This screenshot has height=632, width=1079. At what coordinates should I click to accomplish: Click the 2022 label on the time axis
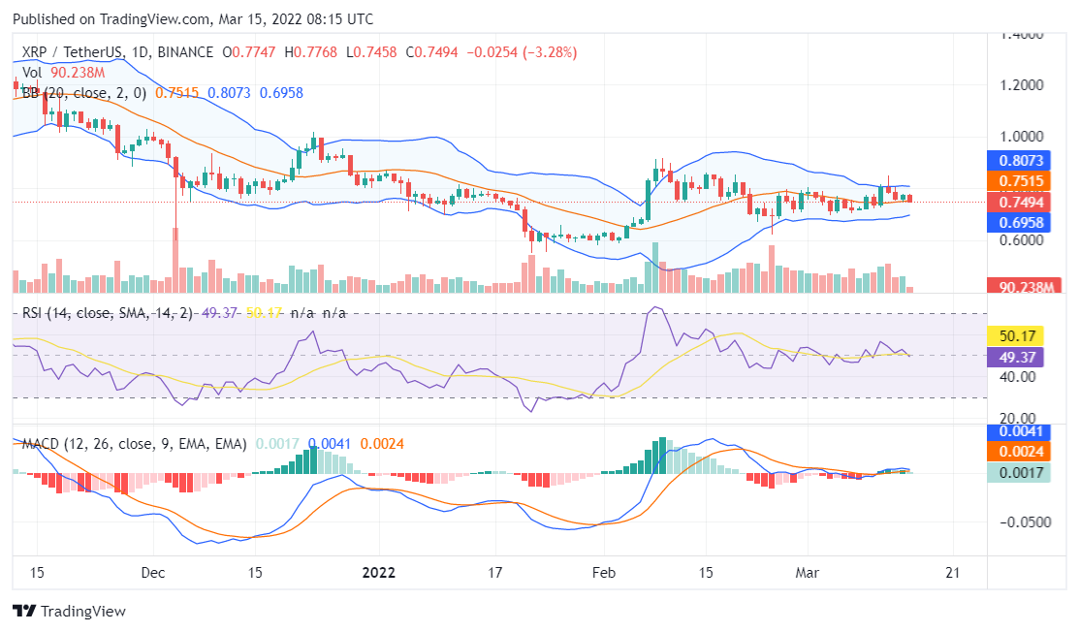coord(378,572)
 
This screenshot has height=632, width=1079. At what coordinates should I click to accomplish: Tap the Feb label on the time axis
coord(604,572)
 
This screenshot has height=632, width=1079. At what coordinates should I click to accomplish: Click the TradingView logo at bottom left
coord(69,612)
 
